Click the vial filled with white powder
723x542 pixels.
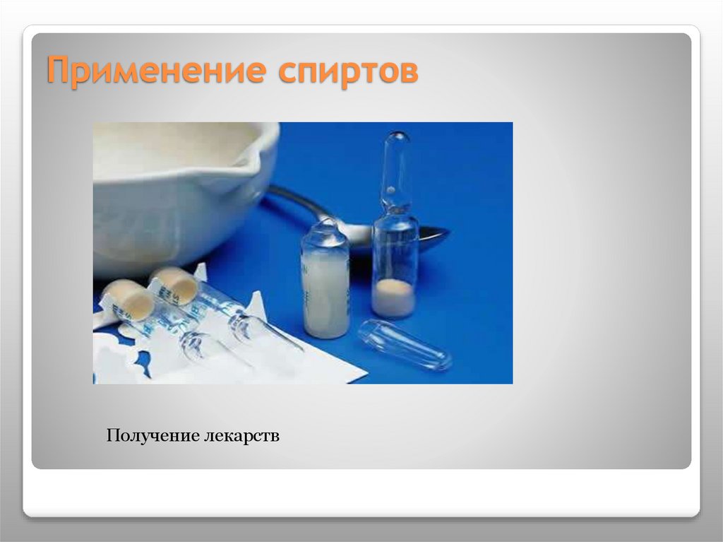[x=325, y=290]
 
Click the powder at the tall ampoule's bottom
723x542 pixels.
[x=394, y=297]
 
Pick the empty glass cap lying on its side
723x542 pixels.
[x=404, y=346]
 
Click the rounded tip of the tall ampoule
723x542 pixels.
[x=398, y=137]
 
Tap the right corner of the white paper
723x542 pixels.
[x=364, y=379]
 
